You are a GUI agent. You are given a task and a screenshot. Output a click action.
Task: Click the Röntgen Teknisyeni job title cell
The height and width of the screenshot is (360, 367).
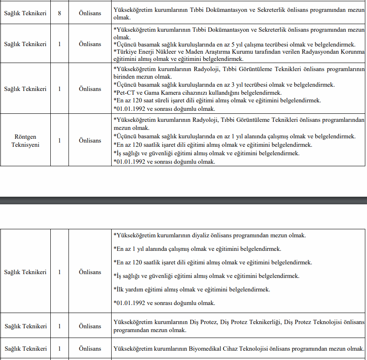coord(25,140)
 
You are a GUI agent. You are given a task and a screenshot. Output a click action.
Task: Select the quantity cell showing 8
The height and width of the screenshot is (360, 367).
coord(60,13)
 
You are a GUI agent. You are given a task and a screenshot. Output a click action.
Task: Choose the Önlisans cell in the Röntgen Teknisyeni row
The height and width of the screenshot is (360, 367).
coord(90,140)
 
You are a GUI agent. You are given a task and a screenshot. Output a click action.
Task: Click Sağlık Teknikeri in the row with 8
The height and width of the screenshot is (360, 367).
coord(25,13)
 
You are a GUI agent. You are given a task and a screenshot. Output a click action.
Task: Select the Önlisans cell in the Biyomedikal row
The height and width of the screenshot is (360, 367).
coord(90,349)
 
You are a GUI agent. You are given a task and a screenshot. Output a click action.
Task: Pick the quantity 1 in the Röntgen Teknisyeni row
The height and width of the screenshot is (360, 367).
coord(60,140)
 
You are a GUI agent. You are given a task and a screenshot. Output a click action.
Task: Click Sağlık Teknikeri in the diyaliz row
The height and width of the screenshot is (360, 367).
coord(25,272)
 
